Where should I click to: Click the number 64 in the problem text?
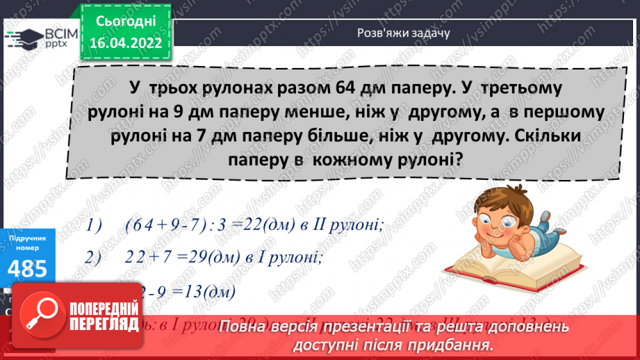(x=332, y=90)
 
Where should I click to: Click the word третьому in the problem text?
(x=523, y=90)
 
